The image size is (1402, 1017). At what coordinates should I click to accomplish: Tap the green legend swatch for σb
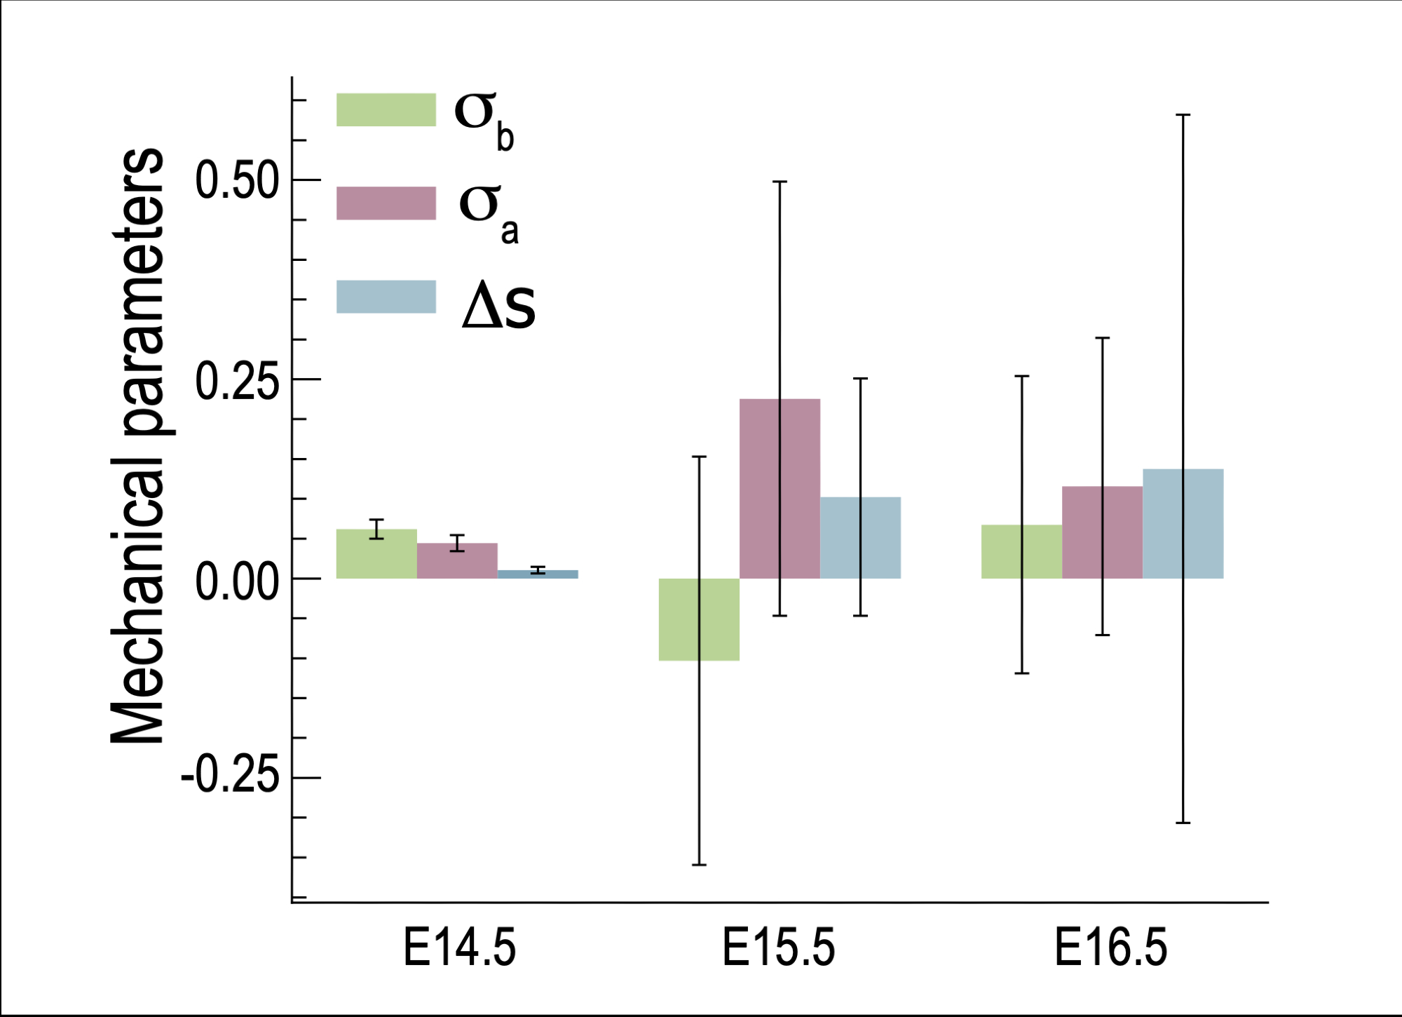(386, 110)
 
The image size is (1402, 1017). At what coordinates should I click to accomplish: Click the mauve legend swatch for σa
(386, 203)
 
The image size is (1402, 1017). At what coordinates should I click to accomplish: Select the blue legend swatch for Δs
(386, 297)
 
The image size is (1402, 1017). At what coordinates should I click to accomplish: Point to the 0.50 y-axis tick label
(237, 180)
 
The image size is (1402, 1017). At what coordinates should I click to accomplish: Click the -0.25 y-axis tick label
(230, 777)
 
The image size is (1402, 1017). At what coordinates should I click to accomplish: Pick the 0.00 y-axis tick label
(237, 581)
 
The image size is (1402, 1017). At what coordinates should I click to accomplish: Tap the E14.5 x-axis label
(459, 948)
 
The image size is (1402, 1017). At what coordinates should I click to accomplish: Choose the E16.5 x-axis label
(1111, 948)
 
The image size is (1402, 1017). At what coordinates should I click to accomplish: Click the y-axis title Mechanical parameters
(138, 445)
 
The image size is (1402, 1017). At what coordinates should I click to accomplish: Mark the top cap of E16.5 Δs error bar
(1183, 114)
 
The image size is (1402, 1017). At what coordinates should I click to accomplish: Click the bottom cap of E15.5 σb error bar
(699, 865)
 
